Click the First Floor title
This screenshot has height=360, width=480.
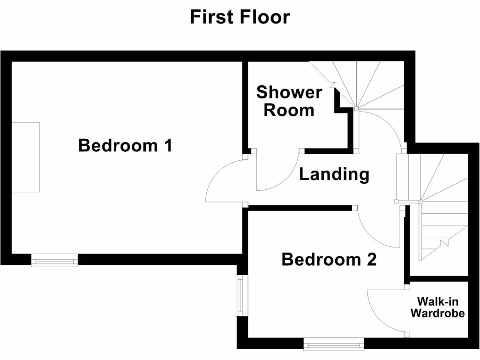[240, 17]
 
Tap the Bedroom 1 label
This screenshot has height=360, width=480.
[125, 145]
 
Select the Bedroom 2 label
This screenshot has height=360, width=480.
[329, 259]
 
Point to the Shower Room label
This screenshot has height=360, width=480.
[289, 101]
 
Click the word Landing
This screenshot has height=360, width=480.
[334, 174]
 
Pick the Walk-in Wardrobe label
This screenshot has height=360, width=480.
[438, 307]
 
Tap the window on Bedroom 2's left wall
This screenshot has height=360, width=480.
[241, 295]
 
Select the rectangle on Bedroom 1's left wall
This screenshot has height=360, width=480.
[25, 157]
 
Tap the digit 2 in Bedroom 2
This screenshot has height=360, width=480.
[371, 259]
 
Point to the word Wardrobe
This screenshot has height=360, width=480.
[438, 314]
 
